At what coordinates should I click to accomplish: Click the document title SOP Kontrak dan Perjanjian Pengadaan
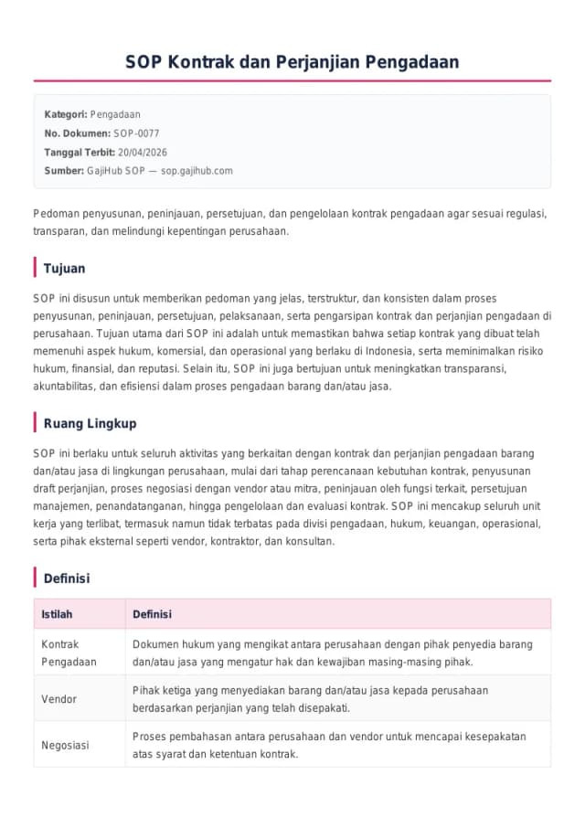292,62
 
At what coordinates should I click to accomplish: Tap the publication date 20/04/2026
143,153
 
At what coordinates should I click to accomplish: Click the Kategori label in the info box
66,114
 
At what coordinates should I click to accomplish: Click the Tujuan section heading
64,269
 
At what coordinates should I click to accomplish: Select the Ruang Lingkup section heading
90,423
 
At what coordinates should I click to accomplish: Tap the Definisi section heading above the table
67,579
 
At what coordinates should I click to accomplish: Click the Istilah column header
57,614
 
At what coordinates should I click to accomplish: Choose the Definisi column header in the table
152,614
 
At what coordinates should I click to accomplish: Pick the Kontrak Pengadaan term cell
69,653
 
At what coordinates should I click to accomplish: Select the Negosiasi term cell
65,745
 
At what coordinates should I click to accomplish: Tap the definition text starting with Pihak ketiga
310,699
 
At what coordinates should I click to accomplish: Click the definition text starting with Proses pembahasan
328,745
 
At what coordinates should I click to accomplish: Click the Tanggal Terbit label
80,153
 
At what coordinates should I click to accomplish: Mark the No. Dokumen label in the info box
77,133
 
